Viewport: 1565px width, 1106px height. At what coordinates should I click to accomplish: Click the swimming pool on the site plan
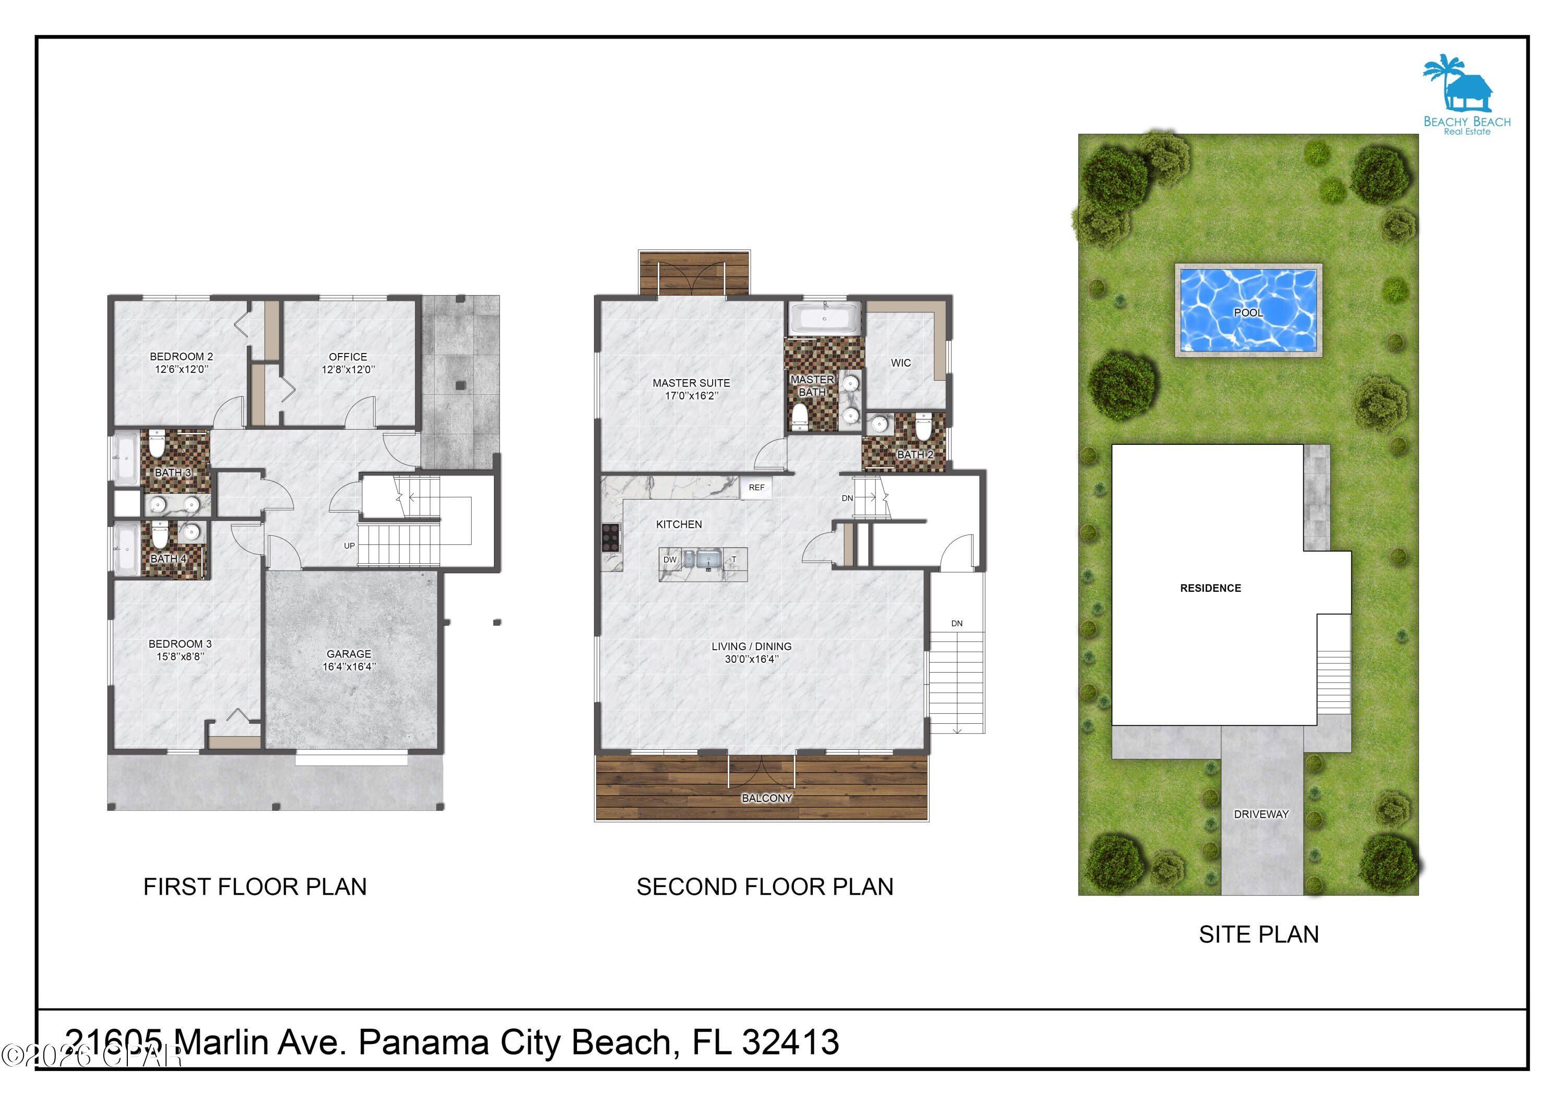1248,311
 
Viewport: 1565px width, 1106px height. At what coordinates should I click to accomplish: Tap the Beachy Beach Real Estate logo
1466,96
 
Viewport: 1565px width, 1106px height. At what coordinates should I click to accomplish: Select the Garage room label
349,653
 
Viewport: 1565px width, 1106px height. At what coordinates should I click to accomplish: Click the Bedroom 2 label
182,356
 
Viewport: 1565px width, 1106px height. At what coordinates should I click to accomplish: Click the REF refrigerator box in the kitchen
756,487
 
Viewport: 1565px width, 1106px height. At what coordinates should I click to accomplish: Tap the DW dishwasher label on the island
670,560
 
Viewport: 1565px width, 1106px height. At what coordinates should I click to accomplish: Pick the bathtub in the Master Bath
824,318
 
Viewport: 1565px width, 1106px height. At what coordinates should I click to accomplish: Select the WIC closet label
900,362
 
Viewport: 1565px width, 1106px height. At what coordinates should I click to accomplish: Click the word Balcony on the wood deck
767,798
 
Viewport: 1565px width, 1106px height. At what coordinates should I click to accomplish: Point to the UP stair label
349,545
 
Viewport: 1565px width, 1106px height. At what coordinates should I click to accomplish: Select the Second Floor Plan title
765,886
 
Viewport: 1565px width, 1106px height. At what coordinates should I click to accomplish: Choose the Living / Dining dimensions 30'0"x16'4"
751,659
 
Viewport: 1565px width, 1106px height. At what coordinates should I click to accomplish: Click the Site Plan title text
1258,934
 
